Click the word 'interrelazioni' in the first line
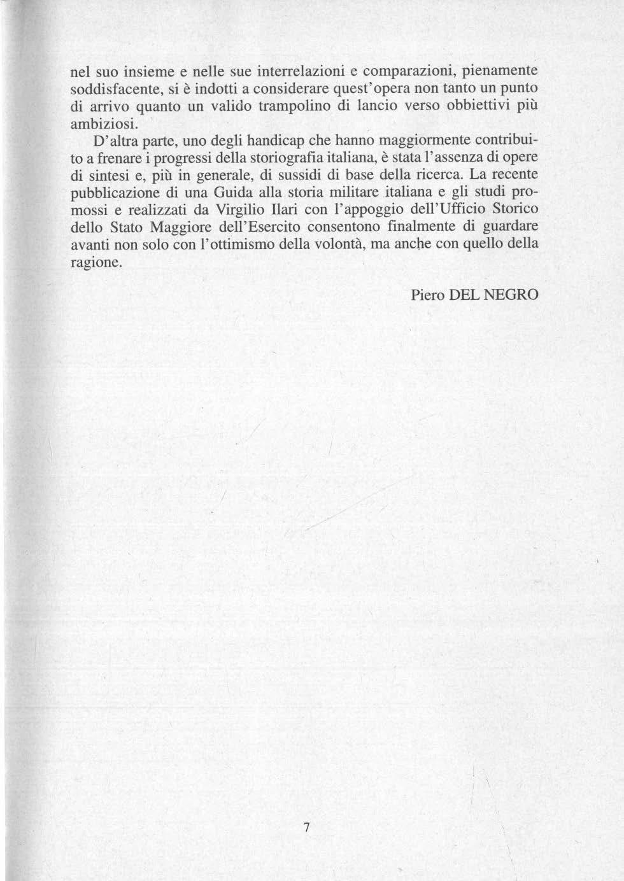(296, 69)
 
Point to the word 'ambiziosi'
(103, 122)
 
